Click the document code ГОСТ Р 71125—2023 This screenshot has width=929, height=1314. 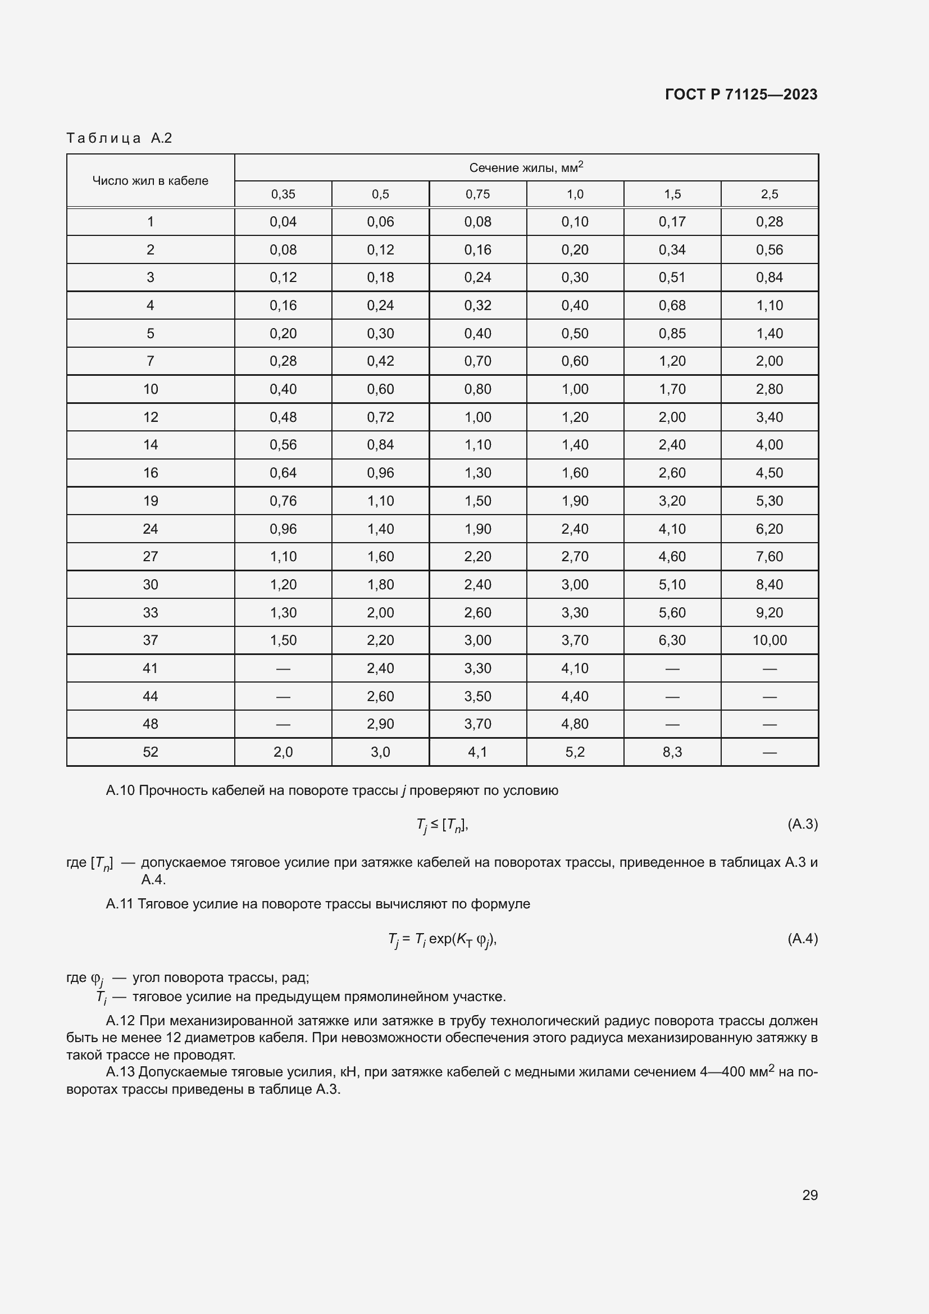tap(741, 94)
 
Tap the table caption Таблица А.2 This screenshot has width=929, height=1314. tap(119, 138)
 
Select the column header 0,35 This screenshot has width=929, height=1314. tap(283, 194)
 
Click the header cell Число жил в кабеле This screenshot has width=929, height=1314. tap(151, 181)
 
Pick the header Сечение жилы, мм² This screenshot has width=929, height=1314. tap(526, 167)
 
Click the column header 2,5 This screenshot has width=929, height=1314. tap(769, 194)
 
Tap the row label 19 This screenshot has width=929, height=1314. tap(151, 501)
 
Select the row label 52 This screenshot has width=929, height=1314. tap(151, 752)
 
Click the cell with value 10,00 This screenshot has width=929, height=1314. tap(769, 640)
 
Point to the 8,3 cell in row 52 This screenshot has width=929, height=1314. tap(672, 752)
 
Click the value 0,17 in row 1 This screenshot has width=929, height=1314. tap(672, 221)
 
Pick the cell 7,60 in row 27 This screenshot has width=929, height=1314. tap(769, 556)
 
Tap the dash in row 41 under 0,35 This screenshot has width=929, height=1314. tap(283, 669)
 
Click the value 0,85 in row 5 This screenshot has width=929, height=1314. tap(672, 333)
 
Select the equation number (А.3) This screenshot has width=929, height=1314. tap(802, 824)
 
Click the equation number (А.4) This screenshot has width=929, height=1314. tap(802, 938)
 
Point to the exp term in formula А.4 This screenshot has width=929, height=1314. tap(440, 939)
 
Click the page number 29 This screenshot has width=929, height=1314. tap(809, 1195)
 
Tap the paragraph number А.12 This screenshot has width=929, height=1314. tap(120, 1021)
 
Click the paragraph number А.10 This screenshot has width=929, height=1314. tap(120, 790)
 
